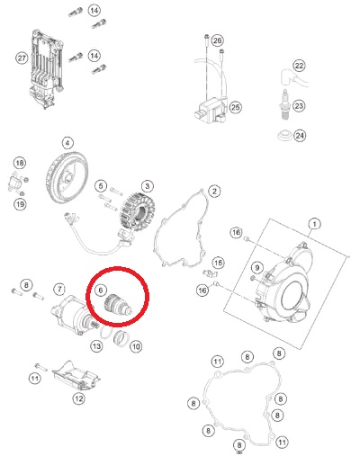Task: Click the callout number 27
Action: pyautogui.click(x=22, y=58)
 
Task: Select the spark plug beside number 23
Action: pyautogui.click(x=284, y=105)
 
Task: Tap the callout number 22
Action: pyautogui.click(x=299, y=66)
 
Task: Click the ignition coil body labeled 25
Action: pyautogui.click(x=210, y=111)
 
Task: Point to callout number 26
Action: pyautogui.click(x=217, y=40)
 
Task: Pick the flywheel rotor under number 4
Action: pyautogui.click(x=67, y=177)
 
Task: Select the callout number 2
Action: pyautogui.click(x=214, y=192)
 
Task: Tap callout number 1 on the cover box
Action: pyautogui.click(x=314, y=224)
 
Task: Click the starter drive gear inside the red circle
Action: pyautogui.click(x=118, y=303)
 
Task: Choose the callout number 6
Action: pyautogui.click(x=101, y=290)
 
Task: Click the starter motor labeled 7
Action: pyautogui.click(x=73, y=315)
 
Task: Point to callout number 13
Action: pyautogui.click(x=96, y=346)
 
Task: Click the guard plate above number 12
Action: pyautogui.click(x=76, y=376)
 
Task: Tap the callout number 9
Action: pyautogui.click(x=257, y=267)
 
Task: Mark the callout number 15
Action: pyautogui.click(x=218, y=263)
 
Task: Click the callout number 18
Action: pyautogui.click(x=20, y=163)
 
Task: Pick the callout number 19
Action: pyautogui.click(x=20, y=204)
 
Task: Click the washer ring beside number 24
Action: pyautogui.click(x=284, y=135)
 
